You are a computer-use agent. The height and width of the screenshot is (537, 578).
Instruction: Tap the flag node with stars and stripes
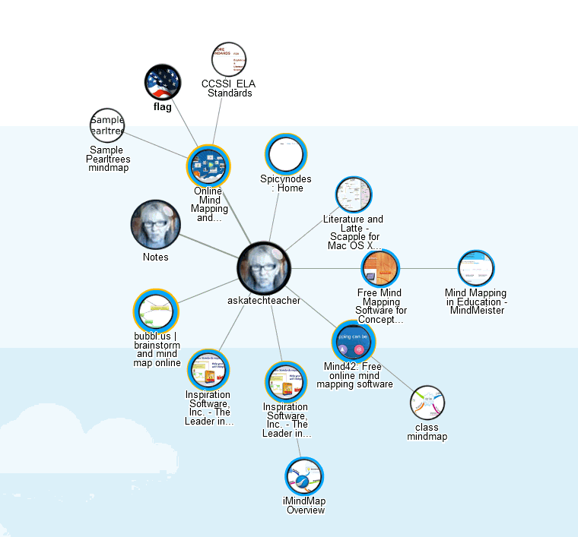coord(163,82)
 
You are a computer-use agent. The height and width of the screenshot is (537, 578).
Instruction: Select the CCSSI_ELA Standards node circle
coord(230,60)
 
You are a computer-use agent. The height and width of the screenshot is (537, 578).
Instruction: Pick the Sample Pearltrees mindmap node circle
coord(106,126)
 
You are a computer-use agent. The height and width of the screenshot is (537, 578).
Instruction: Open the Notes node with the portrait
coord(156,225)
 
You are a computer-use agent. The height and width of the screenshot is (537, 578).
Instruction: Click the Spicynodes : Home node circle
coord(286,154)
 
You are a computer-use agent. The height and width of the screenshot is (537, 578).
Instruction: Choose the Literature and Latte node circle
coord(354,195)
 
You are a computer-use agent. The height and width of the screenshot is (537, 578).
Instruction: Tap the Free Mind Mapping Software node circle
coord(380,268)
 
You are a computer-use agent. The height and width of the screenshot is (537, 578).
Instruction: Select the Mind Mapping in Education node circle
coord(476,269)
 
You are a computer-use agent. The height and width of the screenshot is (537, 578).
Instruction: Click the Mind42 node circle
coord(354,342)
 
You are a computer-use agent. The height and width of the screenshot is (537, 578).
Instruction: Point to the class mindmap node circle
coord(427,403)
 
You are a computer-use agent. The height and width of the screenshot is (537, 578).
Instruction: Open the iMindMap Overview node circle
coord(305,477)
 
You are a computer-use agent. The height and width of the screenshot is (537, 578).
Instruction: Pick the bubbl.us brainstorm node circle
coord(157,311)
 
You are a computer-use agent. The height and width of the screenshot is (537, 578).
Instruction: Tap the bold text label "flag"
coord(163,107)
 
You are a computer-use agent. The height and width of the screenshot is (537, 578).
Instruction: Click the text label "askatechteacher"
coord(264,300)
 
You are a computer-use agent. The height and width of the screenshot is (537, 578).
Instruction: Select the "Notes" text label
coord(156,257)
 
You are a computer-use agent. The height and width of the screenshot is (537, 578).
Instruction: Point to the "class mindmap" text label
coord(427,432)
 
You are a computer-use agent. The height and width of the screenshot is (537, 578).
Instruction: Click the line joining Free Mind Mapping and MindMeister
coord(428,269)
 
